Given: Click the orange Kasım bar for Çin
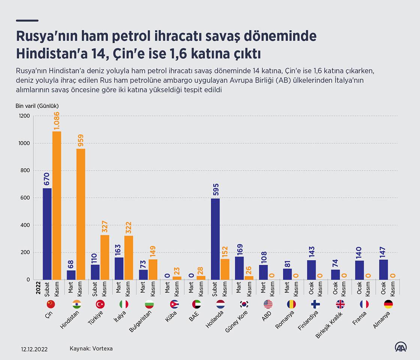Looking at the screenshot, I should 57,205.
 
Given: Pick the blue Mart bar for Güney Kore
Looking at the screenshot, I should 239,268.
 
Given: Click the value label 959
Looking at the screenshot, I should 81,141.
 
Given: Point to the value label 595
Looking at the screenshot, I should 216,190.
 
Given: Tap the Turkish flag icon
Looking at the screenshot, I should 100,304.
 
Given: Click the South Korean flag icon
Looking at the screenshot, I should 244,304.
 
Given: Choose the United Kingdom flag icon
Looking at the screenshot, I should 340,304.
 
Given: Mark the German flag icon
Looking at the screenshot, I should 388,304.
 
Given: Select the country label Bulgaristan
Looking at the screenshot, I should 140,321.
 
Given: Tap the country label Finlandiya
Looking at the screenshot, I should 308,320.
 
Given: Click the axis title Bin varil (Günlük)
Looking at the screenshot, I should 37,106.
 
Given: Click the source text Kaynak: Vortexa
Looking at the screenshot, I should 91,348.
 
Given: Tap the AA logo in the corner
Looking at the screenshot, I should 401,347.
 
